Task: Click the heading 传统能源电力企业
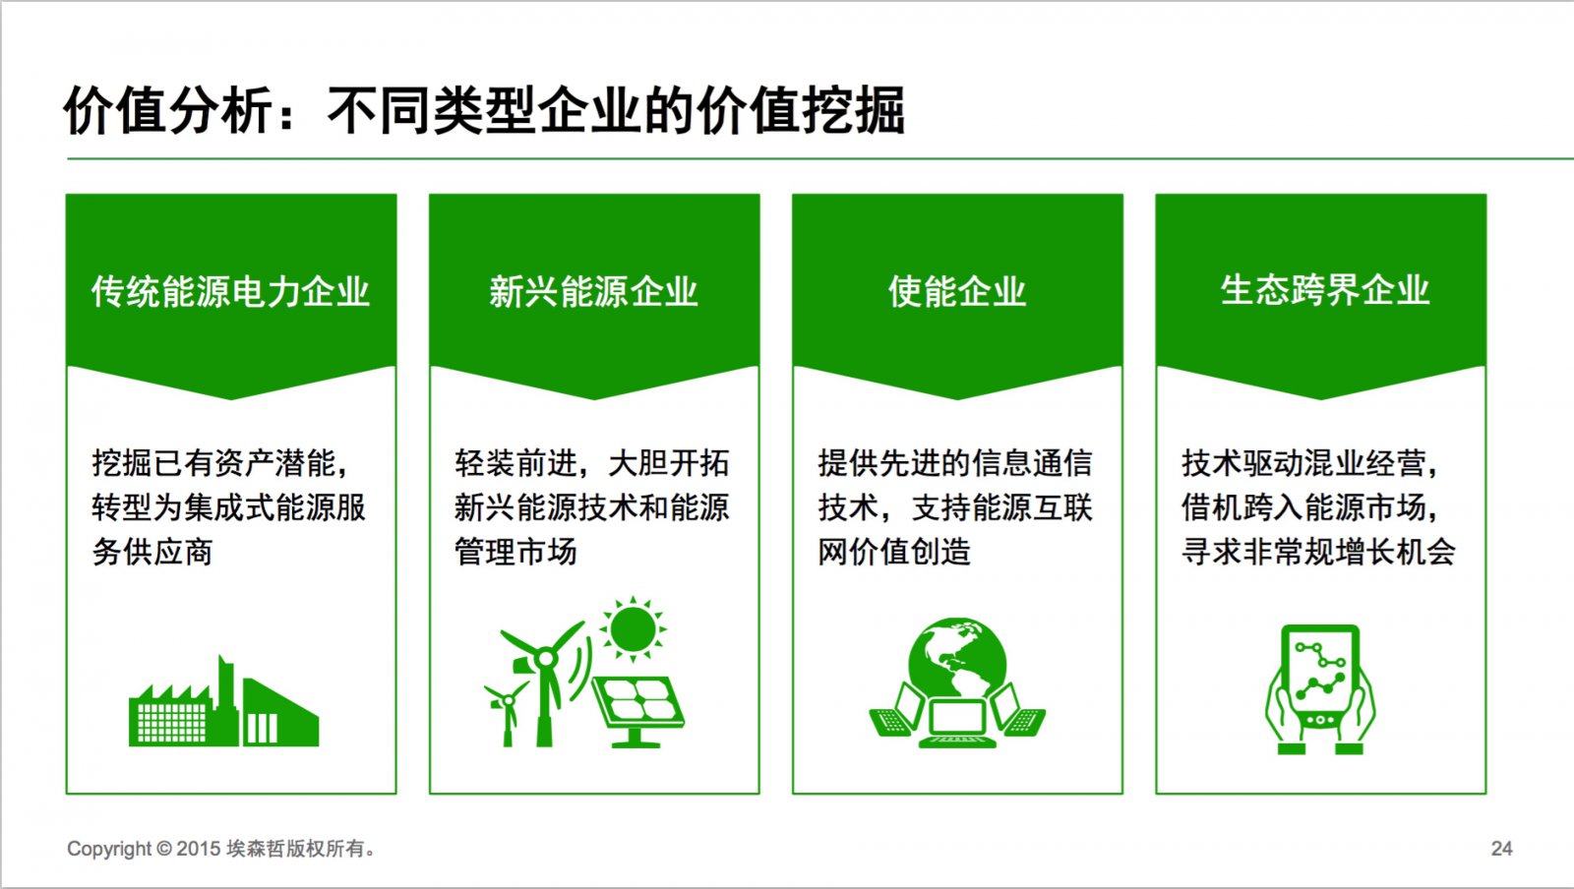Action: coord(230,291)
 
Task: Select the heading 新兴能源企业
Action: coord(594,291)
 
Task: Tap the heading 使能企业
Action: coord(957,291)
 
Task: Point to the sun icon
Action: coord(634,629)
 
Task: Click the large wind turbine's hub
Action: coord(545,659)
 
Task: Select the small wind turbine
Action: coord(505,711)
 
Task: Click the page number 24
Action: coord(1501,849)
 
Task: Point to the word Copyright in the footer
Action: coord(109,849)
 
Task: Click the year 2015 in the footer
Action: coord(199,849)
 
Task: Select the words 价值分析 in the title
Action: coord(167,110)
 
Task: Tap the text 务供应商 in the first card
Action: coord(152,552)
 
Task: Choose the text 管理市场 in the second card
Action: coord(515,552)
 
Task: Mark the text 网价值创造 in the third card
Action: coord(894,552)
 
